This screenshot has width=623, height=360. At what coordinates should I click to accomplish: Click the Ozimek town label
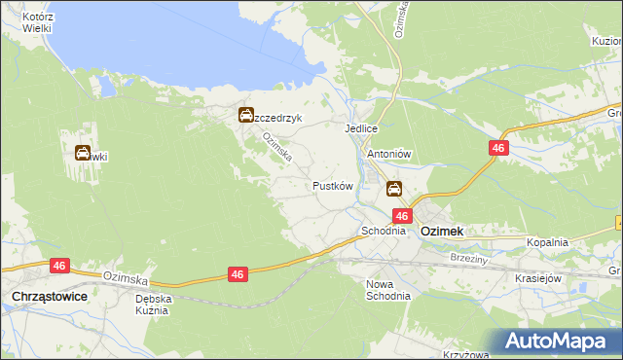tap(441, 232)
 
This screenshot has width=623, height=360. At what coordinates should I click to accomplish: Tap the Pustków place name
tap(331, 185)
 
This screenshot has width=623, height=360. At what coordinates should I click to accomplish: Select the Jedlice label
tap(360, 128)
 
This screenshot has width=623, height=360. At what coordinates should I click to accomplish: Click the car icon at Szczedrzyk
tap(247, 116)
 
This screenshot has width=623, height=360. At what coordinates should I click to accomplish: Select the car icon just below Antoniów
tap(394, 188)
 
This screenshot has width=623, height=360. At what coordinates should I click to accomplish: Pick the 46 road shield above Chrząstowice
tap(60, 265)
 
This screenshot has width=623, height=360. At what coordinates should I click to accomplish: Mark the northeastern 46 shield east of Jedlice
tap(497, 148)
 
